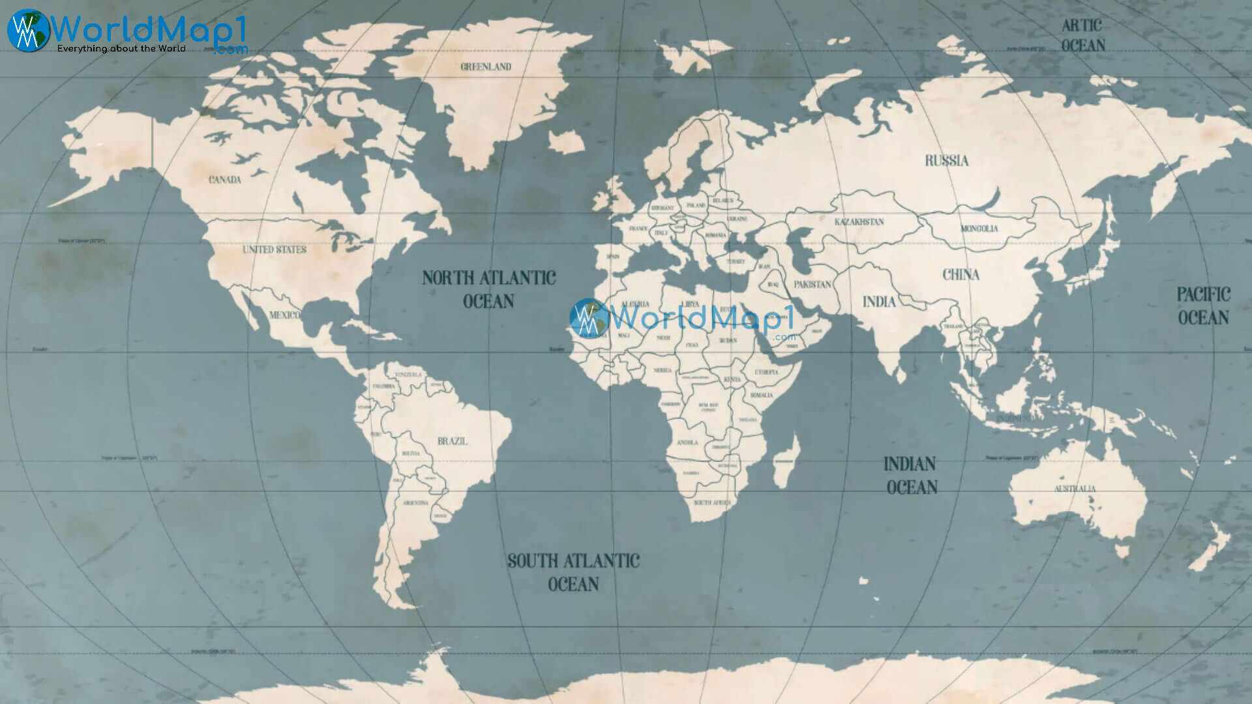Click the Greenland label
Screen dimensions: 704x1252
486,66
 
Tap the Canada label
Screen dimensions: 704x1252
225,179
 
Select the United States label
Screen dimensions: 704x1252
275,250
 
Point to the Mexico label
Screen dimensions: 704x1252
285,315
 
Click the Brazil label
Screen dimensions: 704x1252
453,441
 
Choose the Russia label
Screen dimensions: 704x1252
947,160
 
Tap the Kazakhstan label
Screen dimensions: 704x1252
859,222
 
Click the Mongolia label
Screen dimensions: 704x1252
979,229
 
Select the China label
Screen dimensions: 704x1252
961,274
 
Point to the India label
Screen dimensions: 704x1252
879,301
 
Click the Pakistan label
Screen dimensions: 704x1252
812,285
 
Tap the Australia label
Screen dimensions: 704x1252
1075,488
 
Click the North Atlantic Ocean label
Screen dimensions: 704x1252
488,289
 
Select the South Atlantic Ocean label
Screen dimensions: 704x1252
574,572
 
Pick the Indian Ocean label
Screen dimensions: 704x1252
911,475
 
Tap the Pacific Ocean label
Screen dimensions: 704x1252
1203,306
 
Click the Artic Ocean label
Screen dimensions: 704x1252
1082,35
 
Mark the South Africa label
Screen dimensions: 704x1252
712,503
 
